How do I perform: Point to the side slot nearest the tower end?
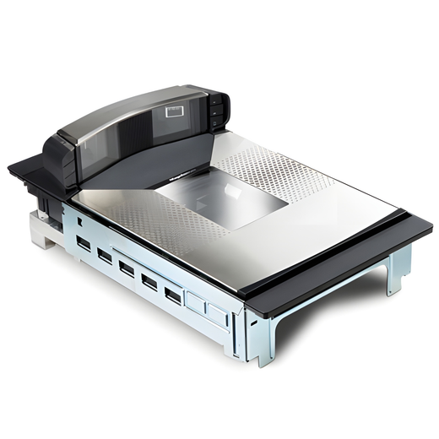coord(84,244)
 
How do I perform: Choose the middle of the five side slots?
coord(127,268)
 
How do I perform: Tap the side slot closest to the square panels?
coord(173,295)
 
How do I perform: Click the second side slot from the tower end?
coord(105,256)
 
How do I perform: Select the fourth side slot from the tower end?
coord(149,281)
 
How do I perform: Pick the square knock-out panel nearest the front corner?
coord(218,316)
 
